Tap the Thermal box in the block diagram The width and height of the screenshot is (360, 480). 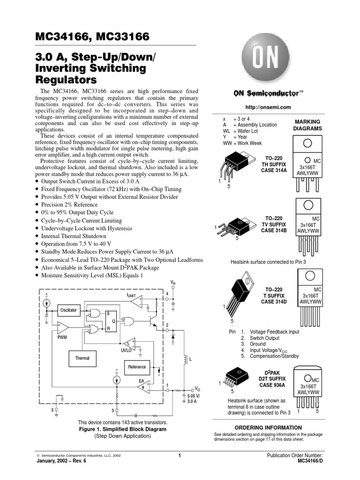coord(82,358)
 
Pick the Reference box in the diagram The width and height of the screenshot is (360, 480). coord(137,367)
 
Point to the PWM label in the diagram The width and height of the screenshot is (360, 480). coord(62,337)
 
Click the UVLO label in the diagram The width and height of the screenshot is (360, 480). coord(126,350)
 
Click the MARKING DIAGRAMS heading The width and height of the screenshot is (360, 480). coord(307,125)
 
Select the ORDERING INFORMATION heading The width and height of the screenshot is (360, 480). coord(268,427)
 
